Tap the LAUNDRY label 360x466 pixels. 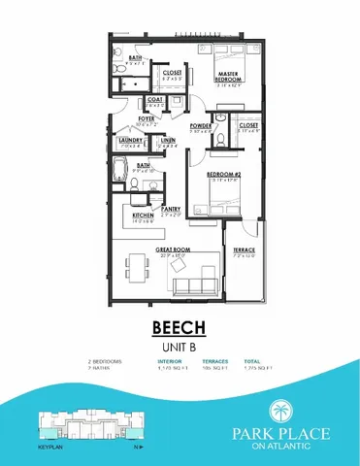(130, 140)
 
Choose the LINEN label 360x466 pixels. (168, 140)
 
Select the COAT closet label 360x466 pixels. (154, 99)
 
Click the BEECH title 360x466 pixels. (179, 327)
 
